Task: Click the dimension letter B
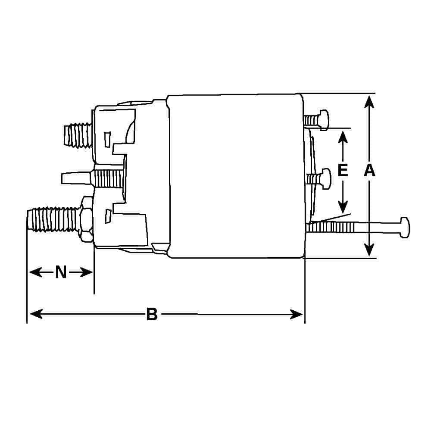click(x=152, y=314)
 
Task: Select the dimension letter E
click(x=343, y=170)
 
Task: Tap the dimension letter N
click(x=61, y=272)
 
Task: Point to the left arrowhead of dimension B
click(x=36, y=314)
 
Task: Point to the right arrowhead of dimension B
click(x=297, y=314)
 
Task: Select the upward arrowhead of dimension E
click(x=343, y=137)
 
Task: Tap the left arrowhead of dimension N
click(x=35, y=272)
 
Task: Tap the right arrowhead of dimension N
click(x=86, y=272)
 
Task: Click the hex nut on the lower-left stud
click(x=87, y=219)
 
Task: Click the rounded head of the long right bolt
click(x=404, y=227)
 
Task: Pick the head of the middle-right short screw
click(x=326, y=179)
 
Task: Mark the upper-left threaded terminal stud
click(x=78, y=135)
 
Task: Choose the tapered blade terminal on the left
click(x=76, y=178)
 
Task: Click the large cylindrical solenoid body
click(x=236, y=176)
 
